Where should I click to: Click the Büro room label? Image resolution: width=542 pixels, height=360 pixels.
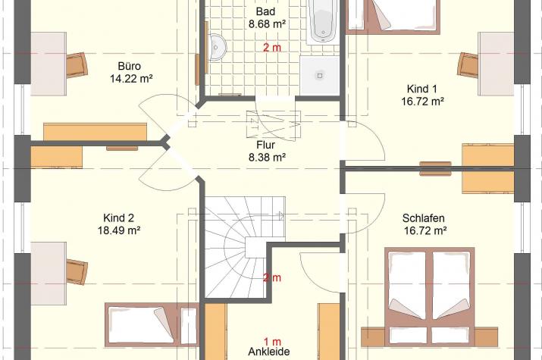[130, 66]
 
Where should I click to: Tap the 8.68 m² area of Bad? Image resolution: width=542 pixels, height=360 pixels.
[267, 24]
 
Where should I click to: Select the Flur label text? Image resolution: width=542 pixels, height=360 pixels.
[266, 145]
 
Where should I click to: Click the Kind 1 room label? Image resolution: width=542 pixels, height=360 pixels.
[422, 89]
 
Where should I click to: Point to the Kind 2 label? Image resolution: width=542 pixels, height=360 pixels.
[118, 218]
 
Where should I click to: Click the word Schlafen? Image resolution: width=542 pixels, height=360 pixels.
[424, 218]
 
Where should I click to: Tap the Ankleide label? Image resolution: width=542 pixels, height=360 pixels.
[269, 352]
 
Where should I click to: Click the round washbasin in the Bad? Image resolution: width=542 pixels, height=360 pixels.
[217, 47]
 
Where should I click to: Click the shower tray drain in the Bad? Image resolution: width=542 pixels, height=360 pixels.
[320, 75]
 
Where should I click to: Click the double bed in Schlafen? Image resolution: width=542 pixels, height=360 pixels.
[429, 297]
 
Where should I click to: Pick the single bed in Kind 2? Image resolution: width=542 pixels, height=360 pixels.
[152, 325]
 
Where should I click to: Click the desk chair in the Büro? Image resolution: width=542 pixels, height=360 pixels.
[77, 64]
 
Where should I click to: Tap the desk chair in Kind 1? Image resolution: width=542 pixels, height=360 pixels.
[468, 65]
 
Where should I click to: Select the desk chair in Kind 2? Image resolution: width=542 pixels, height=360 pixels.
[77, 272]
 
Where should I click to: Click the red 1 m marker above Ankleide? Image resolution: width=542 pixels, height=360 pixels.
[272, 342]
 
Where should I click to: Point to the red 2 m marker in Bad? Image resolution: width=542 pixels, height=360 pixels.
[272, 48]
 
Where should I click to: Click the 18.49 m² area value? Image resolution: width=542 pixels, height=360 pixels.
[119, 230]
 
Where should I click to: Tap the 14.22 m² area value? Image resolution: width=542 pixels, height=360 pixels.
[131, 79]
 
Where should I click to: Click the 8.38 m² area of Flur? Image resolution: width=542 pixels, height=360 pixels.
[267, 158]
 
